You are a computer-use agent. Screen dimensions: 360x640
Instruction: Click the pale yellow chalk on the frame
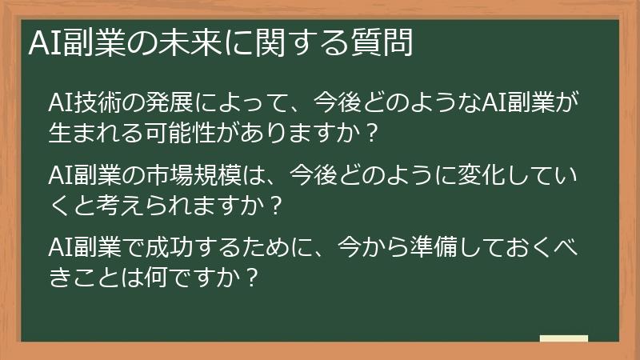tap(564, 338)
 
